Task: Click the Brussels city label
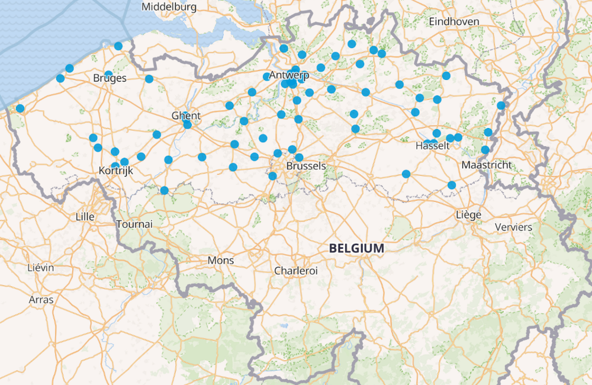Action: coord(305,166)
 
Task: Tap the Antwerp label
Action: coord(289,75)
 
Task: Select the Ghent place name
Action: coord(186,115)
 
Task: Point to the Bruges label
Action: coord(110,78)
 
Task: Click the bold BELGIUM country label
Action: coord(356,249)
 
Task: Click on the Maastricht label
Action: coord(486,165)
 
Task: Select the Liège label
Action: coord(468,214)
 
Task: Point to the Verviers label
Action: coord(513,227)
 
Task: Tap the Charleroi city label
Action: coord(295,271)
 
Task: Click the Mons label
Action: coord(220,261)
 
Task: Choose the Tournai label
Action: coord(134,224)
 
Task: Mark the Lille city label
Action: coord(85,217)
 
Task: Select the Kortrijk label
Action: coord(115,171)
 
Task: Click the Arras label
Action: coord(41,300)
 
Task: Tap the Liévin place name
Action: coord(40,268)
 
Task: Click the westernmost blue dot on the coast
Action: coord(20,108)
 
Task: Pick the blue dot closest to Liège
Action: coord(452,185)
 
